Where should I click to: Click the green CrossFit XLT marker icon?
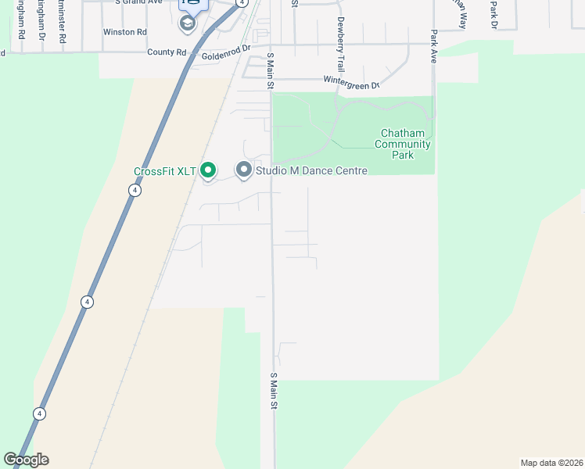pyautogui.click(x=208, y=170)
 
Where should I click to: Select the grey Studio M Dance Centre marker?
pyautogui.click(x=244, y=170)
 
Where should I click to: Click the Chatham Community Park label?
pyautogui.click(x=403, y=144)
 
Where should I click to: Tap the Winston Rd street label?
pyautogui.click(x=125, y=32)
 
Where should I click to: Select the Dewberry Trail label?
pyautogui.click(x=341, y=34)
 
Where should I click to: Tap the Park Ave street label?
pyautogui.click(x=432, y=47)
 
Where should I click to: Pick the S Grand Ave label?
pyautogui.click(x=139, y=2)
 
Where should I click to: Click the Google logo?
pyautogui.click(x=27, y=460)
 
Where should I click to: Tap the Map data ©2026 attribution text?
pyautogui.click(x=552, y=463)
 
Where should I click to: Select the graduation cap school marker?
pyautogui.click(x=187, y=23)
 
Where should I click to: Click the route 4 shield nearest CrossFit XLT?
pyautogui.click(x=135, y=191)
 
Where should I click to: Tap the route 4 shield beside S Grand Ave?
pyautogui.click(x=242, y=3)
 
